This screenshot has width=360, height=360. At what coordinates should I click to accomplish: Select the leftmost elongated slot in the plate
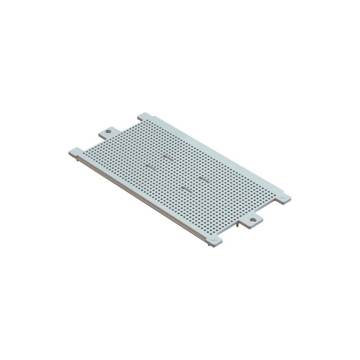pyautogui.click(x=151, y=166)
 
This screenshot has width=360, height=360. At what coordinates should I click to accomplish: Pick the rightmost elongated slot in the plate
pyautogui.click(x=203, y=179)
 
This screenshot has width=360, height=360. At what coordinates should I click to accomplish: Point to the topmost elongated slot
pyautogui.click(x=167, y=157)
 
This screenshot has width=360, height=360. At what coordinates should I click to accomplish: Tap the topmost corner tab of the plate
pyautogui.click(x=144, y=117)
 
